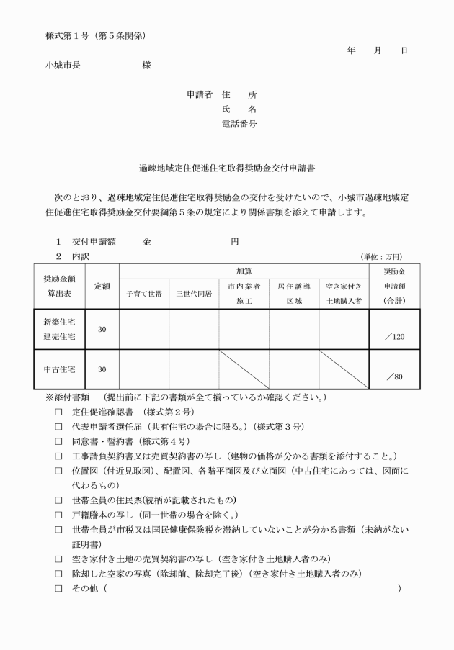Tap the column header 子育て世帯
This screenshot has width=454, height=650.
pyautogui.click(x=144, y=294)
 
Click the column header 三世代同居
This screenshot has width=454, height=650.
pyautogui.click(x=194, y=294)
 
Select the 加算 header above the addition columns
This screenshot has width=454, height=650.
pyautogui.click(x=244, y=271)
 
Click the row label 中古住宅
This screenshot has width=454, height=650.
pyautogui.click(x=60, y=369)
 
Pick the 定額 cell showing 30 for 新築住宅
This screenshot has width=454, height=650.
pyautogui.click(x=102, y=329)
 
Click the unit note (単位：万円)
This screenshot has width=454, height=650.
pyautogui.click(x=381, y=256)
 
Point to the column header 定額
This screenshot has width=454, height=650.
pyautogui.click(x=102, y=286)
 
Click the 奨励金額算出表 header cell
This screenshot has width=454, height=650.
pyautogui.click(x=60, y=286)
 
